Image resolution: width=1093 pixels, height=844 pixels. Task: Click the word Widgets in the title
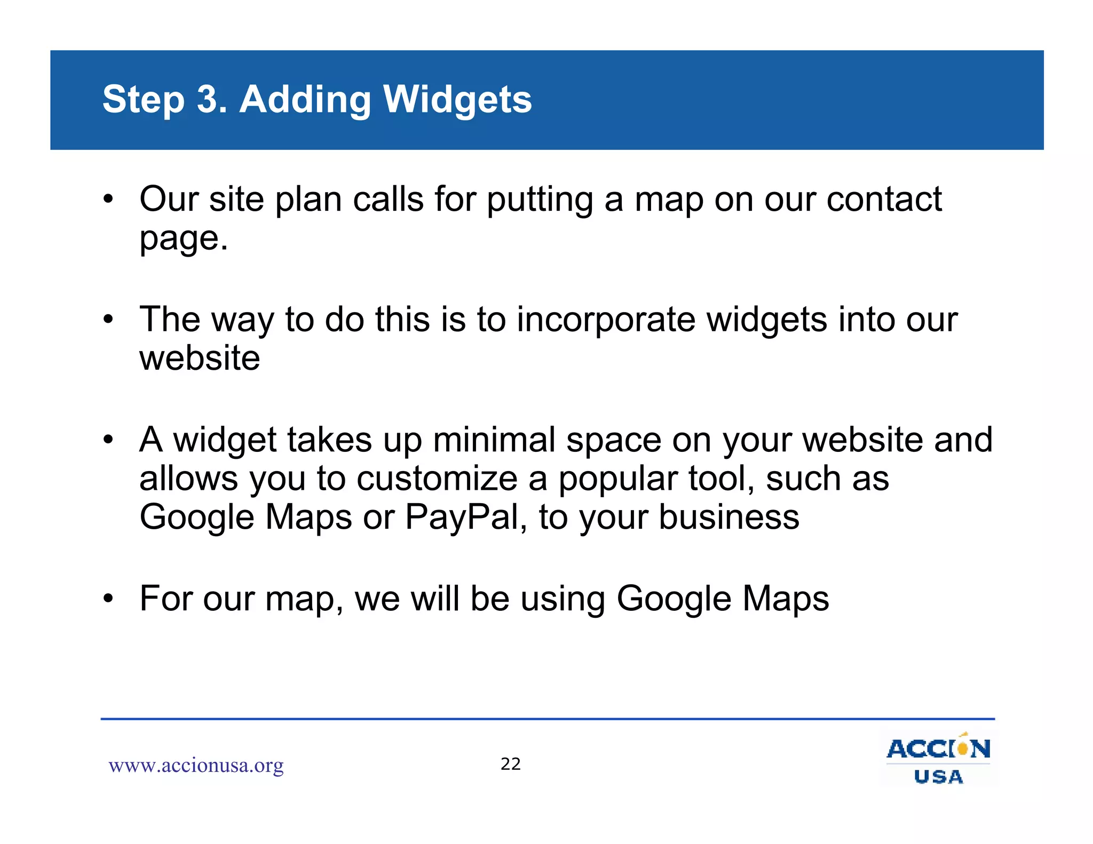(457, 100)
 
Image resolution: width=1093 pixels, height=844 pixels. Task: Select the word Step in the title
(143, 100)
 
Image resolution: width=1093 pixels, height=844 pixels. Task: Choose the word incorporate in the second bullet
(606, 320)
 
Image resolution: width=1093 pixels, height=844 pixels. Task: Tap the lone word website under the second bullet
(200, 358)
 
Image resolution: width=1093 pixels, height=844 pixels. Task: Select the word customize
(437, 479)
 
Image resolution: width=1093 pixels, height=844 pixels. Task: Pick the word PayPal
(462, 517)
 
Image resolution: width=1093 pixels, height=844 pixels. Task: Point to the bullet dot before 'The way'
(109, 320)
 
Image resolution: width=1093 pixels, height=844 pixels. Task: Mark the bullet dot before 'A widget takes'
(109, 440)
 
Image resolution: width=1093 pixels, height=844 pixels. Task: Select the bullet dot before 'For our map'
(109, 599)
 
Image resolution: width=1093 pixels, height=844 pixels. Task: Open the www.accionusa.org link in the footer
(196, 766)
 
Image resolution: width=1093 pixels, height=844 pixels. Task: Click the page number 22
(511, 764)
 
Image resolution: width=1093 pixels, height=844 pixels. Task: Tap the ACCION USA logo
(938, 759)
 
